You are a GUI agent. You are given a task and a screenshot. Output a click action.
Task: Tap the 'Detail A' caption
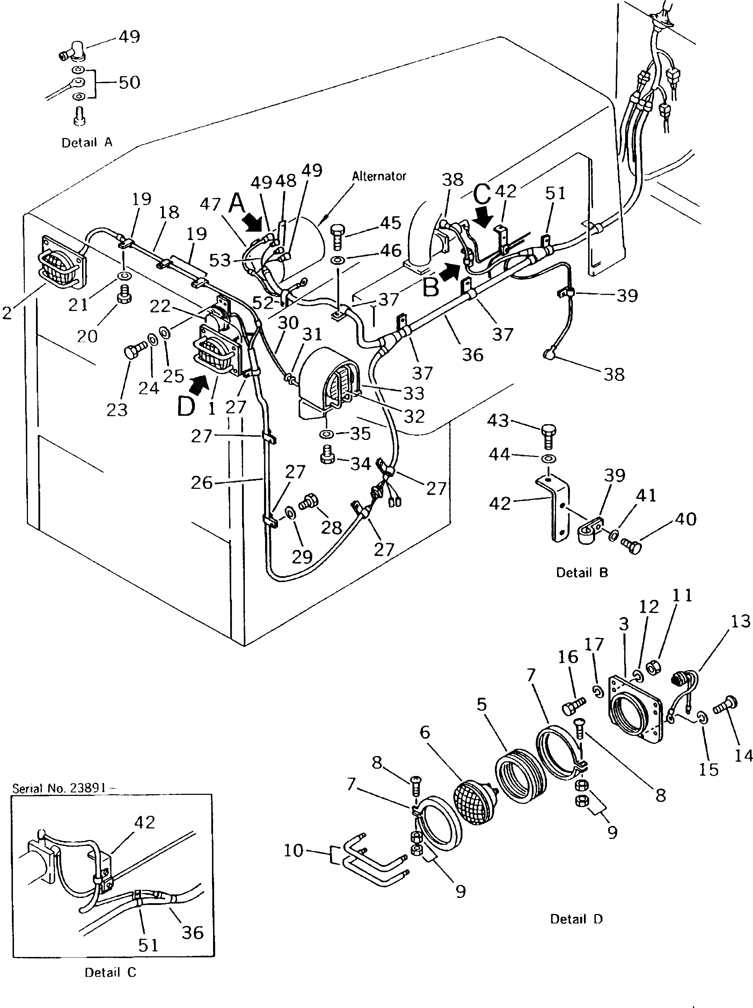tap(87, 143)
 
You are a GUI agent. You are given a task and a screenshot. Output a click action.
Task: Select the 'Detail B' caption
tap(582, 573)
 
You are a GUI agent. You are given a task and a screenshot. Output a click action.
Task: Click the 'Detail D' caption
tap(576, 919)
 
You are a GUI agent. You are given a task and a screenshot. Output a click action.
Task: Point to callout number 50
tap(129, 82)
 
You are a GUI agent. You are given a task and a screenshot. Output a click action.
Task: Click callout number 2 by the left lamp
tap(7, 313)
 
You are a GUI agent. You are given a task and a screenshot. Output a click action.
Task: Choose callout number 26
tap(201, 483)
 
